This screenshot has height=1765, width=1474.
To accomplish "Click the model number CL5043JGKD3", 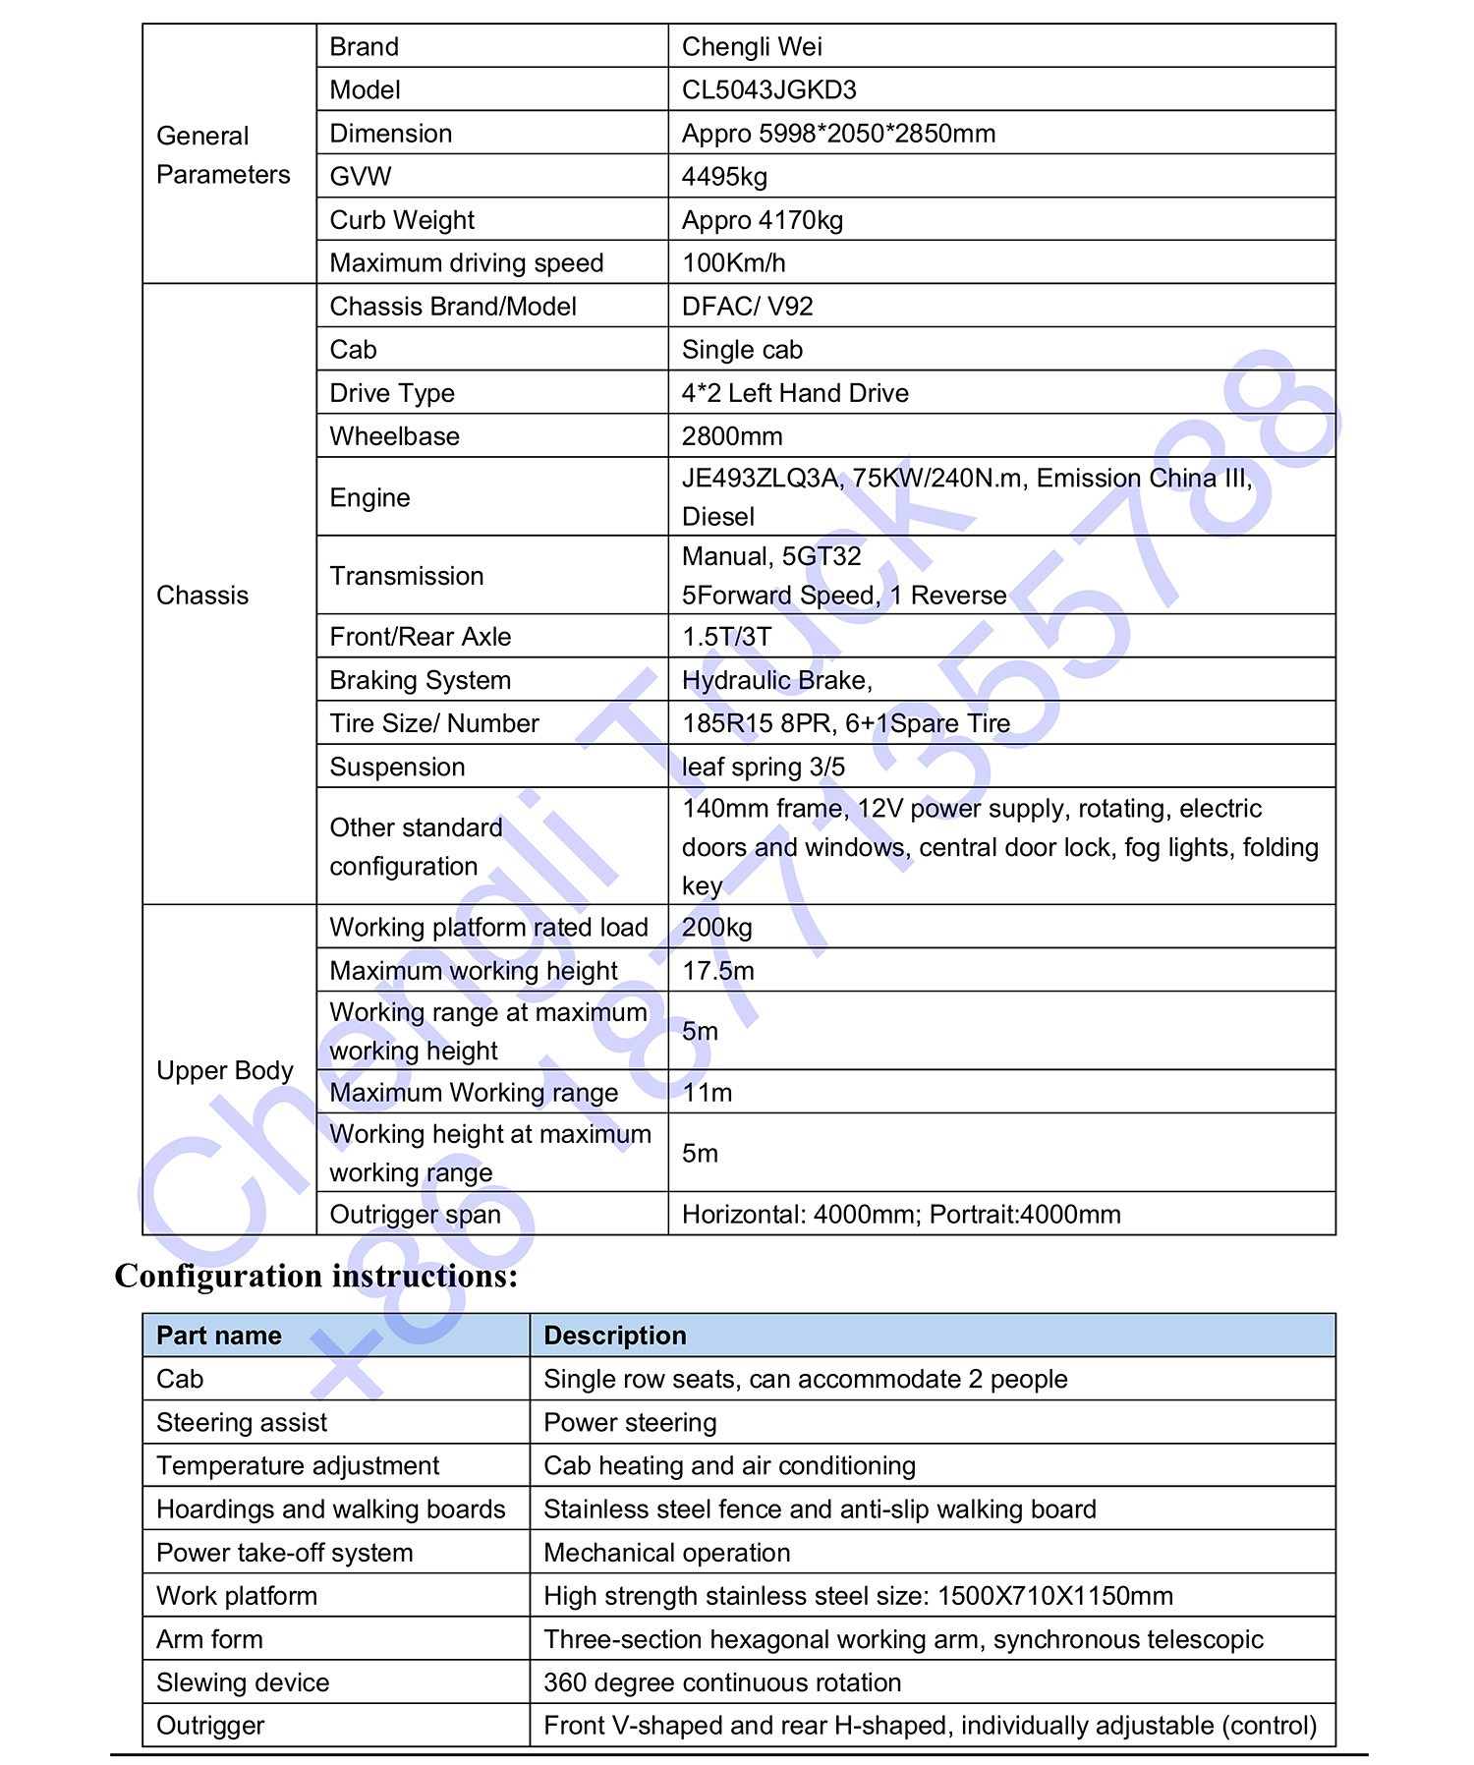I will coord(769,89).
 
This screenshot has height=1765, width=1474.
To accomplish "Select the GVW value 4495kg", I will coord(724,177).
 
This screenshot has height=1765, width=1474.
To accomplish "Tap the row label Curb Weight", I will coord(402,220).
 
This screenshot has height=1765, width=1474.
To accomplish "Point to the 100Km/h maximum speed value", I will coord(734,263).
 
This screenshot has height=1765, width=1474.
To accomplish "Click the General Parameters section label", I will coord(223,155).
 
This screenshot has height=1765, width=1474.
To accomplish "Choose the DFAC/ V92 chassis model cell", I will coord(748,307).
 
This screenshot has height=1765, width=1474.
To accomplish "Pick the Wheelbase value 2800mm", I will coord(732,436).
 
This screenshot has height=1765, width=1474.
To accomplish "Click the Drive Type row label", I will coord(392,393).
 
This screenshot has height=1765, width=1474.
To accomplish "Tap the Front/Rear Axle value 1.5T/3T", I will coord(727,637).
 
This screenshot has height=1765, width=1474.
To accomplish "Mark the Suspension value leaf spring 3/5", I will coord(764,767).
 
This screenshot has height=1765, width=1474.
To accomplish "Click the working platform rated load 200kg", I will coord(717,927).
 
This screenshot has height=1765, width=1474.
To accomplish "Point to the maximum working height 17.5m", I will coord(718,971).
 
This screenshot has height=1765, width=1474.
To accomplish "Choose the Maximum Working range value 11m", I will coord(707,1093).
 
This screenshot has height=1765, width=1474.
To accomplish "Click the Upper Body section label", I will coord(225,1070).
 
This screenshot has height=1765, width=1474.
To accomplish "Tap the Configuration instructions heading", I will coord(316,1276).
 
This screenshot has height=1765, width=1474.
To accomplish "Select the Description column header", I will coord(615,1336).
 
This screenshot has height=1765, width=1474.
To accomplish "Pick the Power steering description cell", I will coord(630,1422).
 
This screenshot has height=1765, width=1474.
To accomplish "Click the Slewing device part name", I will coord(243,1682).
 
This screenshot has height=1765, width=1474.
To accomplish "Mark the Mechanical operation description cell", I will coord(666,1553).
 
